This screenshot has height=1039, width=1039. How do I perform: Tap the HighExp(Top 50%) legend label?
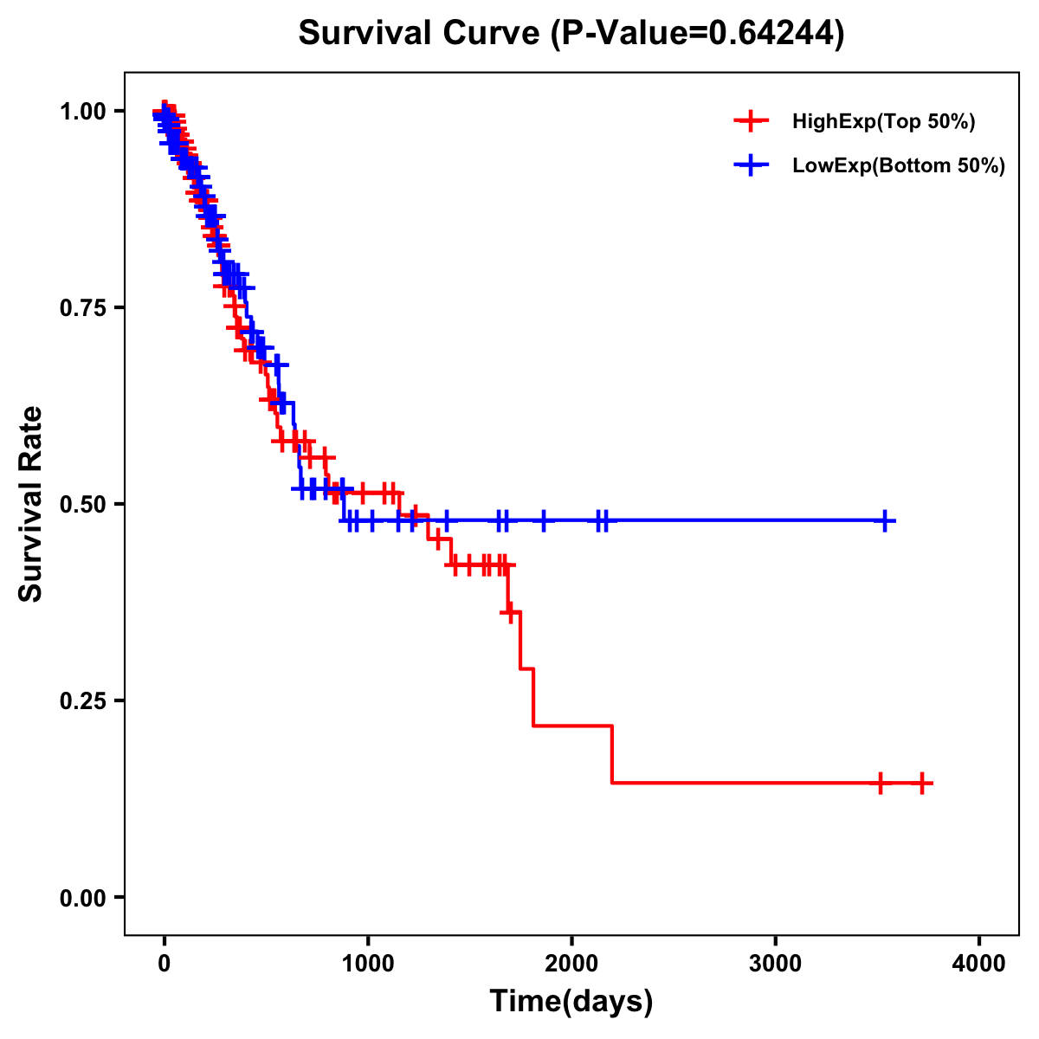[884, 122]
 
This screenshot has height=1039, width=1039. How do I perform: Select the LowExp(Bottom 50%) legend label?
[899, 166]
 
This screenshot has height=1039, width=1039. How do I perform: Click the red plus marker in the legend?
[751, 121]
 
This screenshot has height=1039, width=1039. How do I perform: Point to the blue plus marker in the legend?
[751, 165]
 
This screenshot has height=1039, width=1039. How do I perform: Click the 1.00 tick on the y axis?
[81, 111]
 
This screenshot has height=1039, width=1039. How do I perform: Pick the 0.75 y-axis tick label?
[81, 307]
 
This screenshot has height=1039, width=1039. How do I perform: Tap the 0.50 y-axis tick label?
[81, 504]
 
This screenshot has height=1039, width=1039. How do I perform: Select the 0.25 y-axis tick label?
[81, 700]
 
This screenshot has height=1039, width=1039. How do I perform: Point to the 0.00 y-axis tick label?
[81, 897]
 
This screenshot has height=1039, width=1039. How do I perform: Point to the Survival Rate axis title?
[31, 503]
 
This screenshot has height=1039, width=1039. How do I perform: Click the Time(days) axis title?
[571, 1002]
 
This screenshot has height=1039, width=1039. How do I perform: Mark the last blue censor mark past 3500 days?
[885, 520]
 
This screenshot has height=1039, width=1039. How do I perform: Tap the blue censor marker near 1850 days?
[544, 520]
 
